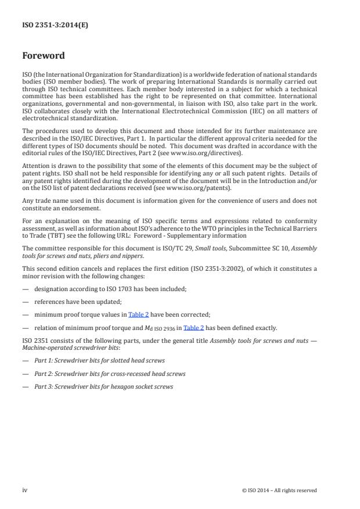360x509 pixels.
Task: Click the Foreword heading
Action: click(43, 56)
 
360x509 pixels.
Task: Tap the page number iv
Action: click(25, 490)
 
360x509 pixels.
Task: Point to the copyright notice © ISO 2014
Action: click(279, 490)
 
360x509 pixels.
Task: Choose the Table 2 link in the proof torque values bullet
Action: click(139, 314)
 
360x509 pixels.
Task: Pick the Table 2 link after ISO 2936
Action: click(193, 327)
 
